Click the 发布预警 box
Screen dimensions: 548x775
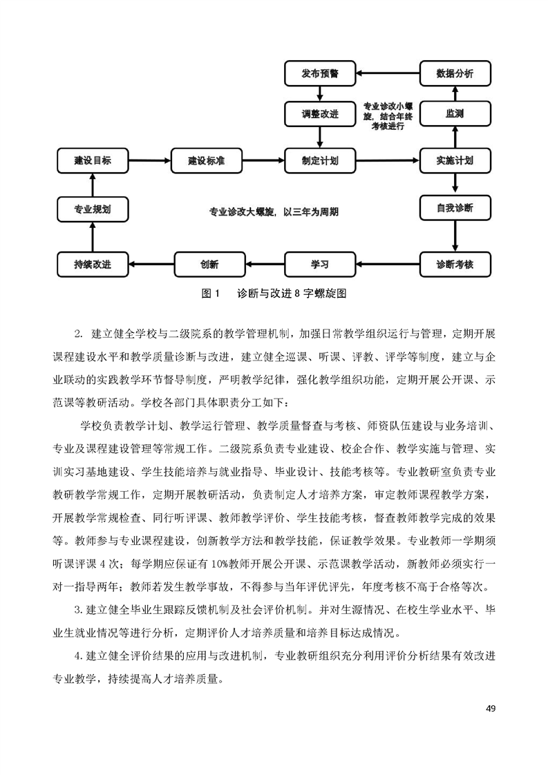click(320, 73)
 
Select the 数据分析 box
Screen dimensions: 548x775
click(455, 73)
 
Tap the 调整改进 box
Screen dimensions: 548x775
click(320, 114)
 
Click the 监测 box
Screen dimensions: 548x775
click(455, 114)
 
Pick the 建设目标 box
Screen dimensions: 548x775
click(93, 160)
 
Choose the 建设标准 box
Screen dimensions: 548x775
click(206, 160)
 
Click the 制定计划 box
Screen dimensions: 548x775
click(320, 160)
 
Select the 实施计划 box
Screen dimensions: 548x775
click(455, 160)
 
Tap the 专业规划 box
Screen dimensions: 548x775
click(93, 209)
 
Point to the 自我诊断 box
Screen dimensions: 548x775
click(455, 208)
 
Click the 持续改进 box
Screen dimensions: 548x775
click(93, 264)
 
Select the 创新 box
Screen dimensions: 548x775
click(209, 264)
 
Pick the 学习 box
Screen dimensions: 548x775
click(320, 264)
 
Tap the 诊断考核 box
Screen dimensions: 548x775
click(455, 264)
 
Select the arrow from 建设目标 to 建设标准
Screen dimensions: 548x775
click(149, 160)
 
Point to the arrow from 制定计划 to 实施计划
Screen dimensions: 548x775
click(388, 160)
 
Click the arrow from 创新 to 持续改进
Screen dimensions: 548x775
click(151, 264)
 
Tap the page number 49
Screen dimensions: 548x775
click(490, 708)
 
